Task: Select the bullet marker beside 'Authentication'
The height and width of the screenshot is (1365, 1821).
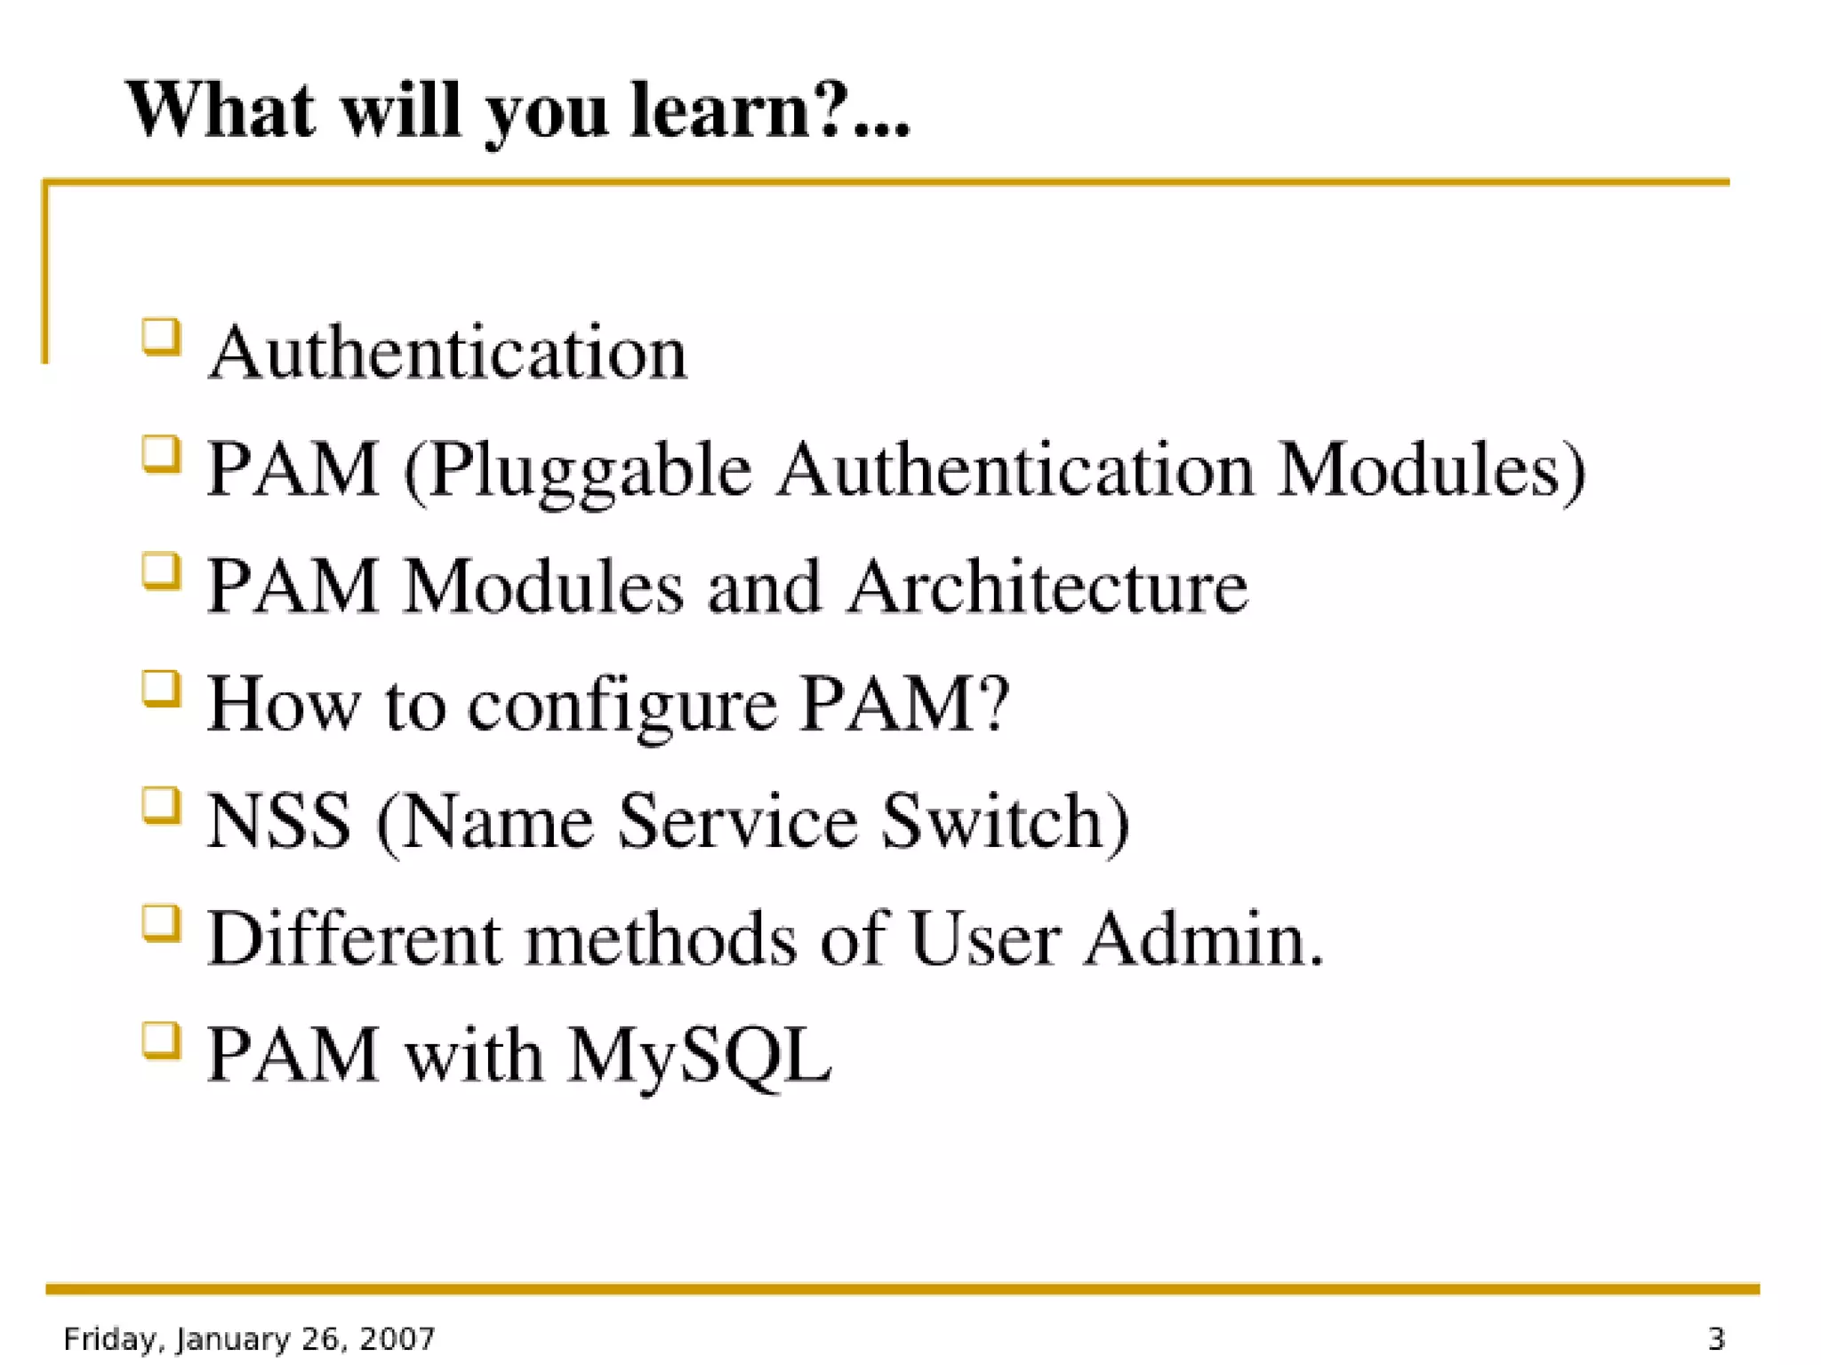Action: pos(161,338)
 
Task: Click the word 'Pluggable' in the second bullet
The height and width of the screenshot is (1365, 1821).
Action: pos(590,471)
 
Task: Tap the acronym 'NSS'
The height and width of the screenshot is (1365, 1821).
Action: pos(279,821)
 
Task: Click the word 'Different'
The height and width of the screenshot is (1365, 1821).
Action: pos(355,938)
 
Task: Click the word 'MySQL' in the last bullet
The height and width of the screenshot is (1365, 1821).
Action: pos(699,1056)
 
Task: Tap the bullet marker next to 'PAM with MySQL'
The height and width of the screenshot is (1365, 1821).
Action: pos(161,1040)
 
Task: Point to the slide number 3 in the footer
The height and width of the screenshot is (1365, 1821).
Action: pos(1716,1338)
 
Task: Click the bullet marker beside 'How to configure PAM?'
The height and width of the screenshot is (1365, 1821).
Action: pos(161,689)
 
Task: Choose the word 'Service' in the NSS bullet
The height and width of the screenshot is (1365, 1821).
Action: pos(737,821)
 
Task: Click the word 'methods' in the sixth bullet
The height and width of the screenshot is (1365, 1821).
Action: pos(660,938)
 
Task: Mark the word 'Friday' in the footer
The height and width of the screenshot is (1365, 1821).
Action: pos(113,1338)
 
